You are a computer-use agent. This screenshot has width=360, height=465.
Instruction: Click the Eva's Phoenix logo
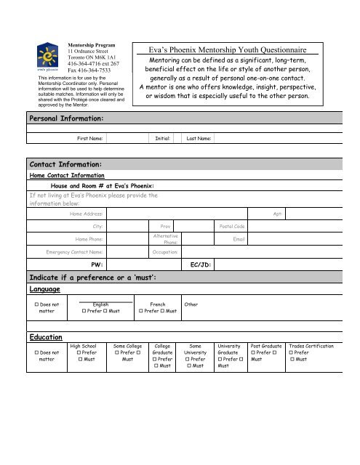[47, 55]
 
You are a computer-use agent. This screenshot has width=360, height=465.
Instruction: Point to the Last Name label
[199, 137]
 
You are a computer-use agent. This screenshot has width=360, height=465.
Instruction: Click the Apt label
[278, 214]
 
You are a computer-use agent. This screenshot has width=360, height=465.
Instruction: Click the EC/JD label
[201, 265]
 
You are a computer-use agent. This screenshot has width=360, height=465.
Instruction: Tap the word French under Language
[158, 305]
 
